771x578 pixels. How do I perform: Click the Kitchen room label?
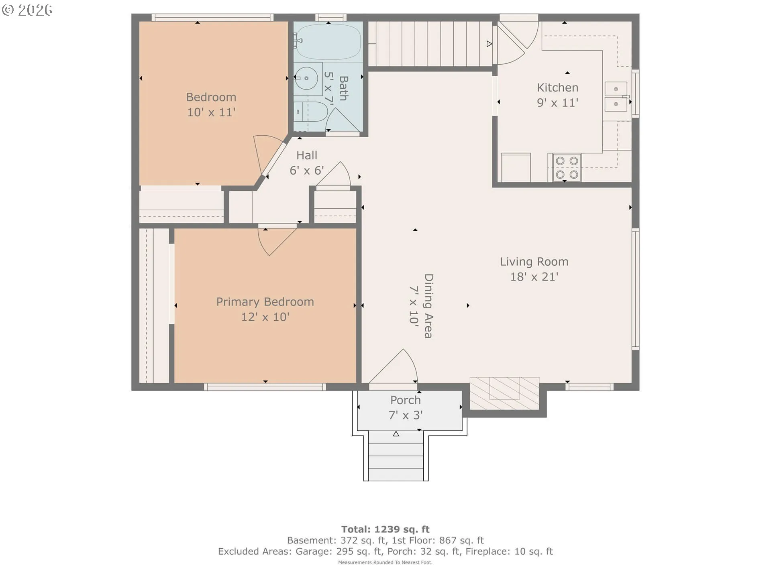pyautogui.click(x=557, y=88)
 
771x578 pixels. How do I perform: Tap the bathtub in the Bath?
pyautogui.click(x=328, y=42)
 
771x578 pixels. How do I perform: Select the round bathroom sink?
pyautogui.click(x=306, y=78)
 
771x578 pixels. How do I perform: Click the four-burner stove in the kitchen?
pyautogui.click(x=567, y=167)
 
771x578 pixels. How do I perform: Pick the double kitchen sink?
pyautogui.click(x=616, y=96)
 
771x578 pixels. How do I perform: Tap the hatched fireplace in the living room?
pyautogui.click(x=504, y=393)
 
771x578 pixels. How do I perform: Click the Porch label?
pyautogui.click(x=406, y=400)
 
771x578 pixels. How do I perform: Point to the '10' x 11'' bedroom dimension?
pyautogui.click(x=211, y=112)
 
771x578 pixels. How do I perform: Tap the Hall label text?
pyautogui.click(x=307, y=155)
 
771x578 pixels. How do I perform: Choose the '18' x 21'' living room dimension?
pyautogui.click(x=534, y=277)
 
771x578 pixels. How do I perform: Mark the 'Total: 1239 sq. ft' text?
pyautogui.click(x=385, y=529)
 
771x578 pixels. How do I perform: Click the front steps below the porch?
pyautogui.click(x=396, y=456)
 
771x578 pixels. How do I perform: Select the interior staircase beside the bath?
pyautogui.click(x=430, y=43)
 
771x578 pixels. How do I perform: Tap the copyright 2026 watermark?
pyautogui.click(x=27, y=10)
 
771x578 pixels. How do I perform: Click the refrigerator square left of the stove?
pyautogui.click(x=516, y=167)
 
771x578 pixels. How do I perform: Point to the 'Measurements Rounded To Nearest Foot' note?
pyautogui.click(x=385, y=562)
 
